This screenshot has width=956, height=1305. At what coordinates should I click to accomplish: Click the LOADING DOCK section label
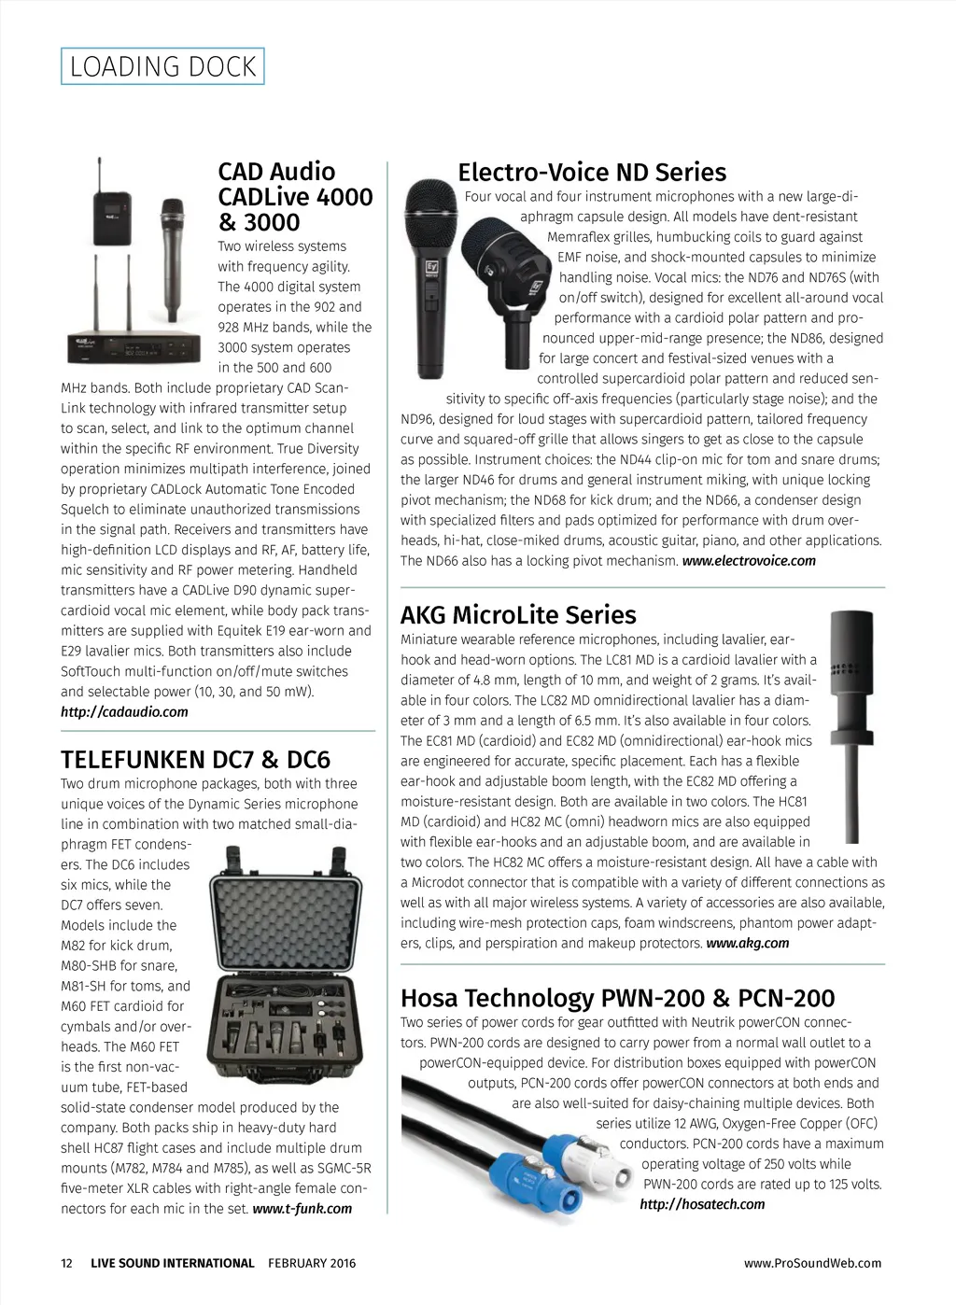[x=162, y=66]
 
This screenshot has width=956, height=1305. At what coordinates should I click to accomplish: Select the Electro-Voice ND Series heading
[x=591, y=173]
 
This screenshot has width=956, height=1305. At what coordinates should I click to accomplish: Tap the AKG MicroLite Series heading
[x=518, y=615]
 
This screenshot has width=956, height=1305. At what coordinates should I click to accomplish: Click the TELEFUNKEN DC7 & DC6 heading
[x=195, y=760]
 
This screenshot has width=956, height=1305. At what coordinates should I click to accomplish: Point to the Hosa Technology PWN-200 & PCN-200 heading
[x=617, y=998]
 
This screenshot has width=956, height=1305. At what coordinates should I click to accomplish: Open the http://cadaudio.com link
[x=124, y=712]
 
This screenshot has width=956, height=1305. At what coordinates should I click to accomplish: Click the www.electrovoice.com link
[x=749, y=561]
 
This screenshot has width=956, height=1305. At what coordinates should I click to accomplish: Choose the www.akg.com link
[x=747, y=944]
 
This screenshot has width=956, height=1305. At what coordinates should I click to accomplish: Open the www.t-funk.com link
[x=302, y=1209]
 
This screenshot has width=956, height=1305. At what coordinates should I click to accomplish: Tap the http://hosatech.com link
[x=702, y=1205]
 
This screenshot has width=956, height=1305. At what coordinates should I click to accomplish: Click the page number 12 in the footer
[x=66, y=1264]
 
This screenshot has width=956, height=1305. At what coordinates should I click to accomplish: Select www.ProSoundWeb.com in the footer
[x=812, y=1264]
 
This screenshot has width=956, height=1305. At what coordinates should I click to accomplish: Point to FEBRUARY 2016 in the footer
[x=312, y=1264]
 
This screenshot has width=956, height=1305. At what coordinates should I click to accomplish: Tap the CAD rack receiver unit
[x=134, y=349]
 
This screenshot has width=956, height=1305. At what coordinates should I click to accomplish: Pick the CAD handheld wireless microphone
[x=172, y=257]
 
